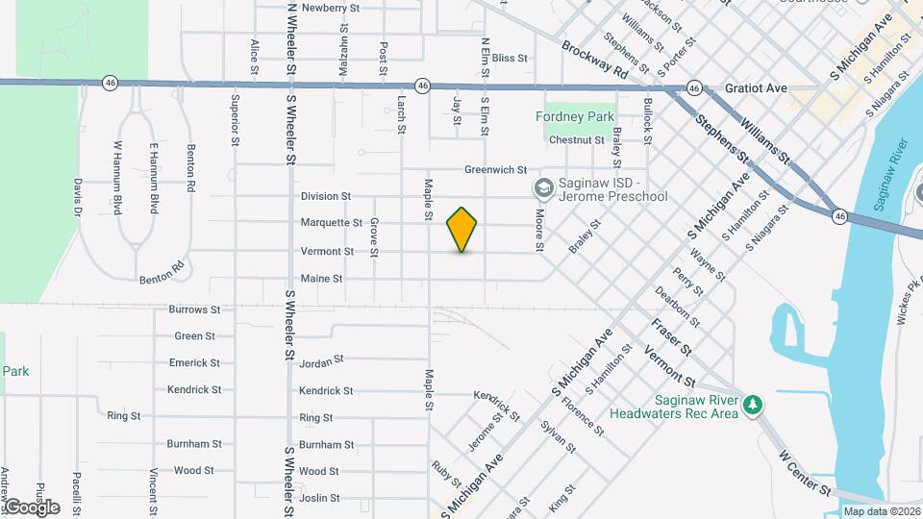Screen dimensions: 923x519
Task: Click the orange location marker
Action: [462, 230]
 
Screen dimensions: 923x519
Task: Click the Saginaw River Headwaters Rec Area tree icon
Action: [756, 405]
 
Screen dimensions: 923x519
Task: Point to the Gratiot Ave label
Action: [757, 88]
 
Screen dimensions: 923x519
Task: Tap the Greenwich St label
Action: [495, 169]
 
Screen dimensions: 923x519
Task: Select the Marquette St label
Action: [331, 223]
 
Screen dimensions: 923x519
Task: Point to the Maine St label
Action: [321, 279]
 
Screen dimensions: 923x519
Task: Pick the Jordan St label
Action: [321, 361]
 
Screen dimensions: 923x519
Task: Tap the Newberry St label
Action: [330, 8]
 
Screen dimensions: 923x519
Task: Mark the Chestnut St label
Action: [576, 140]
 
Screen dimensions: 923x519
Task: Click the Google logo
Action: [31, 507]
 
